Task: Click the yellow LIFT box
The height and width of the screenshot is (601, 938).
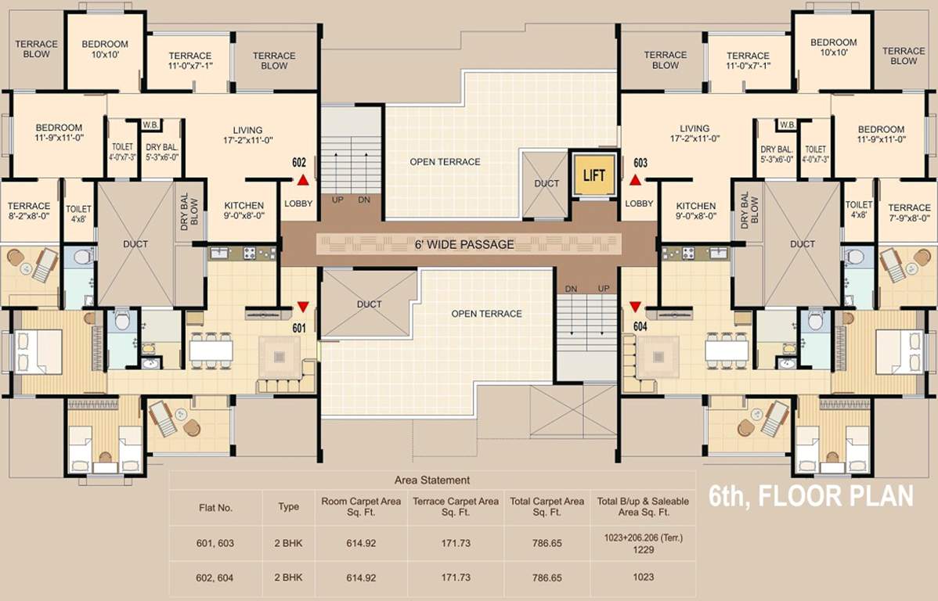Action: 594,175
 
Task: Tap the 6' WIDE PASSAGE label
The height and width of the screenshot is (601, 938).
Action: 464,244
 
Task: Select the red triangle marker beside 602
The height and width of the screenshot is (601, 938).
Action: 302,180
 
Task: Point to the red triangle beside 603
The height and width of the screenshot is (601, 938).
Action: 635,180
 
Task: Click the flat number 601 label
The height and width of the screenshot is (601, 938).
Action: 298,328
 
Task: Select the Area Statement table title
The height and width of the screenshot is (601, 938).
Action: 433,480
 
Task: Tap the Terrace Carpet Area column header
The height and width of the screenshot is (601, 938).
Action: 455,506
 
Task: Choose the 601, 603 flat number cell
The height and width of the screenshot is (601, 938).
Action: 215,542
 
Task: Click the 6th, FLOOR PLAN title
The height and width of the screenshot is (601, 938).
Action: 811,496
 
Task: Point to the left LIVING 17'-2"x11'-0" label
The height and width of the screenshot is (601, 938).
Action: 247,135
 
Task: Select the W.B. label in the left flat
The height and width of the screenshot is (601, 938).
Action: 151,125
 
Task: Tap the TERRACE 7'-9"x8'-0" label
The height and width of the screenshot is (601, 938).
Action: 909,213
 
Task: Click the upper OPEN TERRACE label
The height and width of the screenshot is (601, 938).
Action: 445,162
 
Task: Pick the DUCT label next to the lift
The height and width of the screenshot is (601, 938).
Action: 547,184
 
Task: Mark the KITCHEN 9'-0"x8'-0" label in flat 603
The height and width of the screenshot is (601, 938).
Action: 696,211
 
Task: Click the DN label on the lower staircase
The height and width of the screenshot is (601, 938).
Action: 571,289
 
